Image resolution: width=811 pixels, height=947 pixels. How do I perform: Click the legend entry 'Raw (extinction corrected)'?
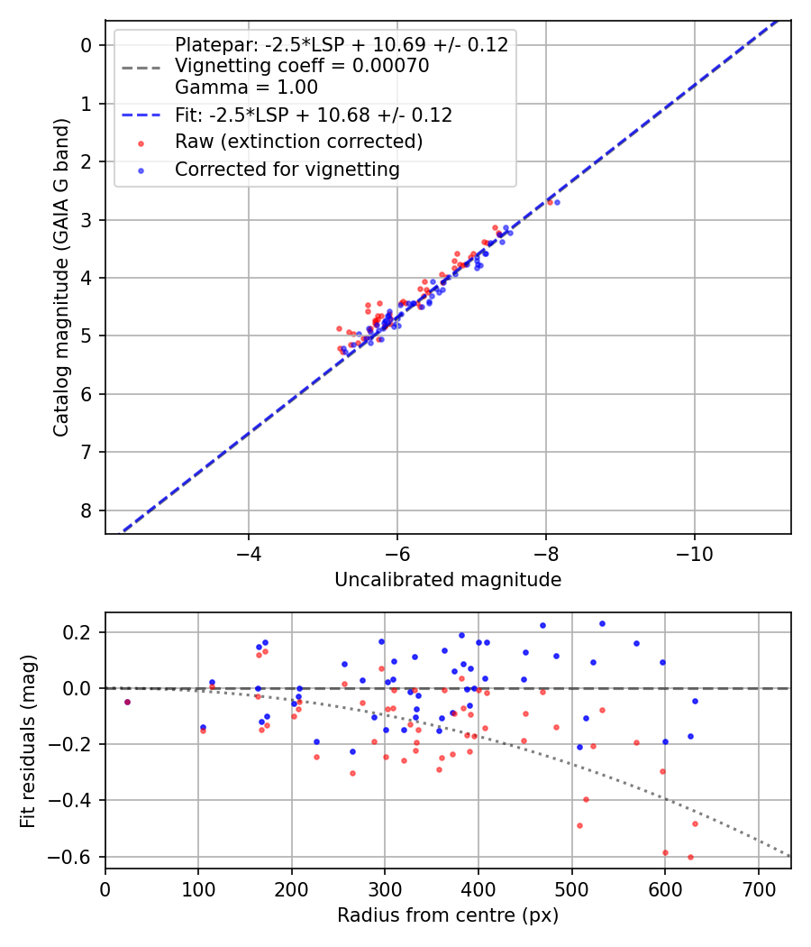(298, 143)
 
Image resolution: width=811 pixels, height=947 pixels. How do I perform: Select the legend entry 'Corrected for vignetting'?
(287, 170)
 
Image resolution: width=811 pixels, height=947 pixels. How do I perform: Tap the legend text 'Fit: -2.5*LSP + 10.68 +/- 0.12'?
(314, 115)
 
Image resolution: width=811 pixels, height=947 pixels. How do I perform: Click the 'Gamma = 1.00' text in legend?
(246, 87)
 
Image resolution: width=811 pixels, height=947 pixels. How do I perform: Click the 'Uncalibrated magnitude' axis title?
(448, 580)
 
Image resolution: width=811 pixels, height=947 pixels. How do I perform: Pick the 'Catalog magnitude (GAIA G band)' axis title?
(61, 277)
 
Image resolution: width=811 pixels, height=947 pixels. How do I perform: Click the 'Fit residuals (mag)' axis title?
(29, 740)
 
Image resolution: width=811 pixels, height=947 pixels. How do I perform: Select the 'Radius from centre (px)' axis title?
(448, 915)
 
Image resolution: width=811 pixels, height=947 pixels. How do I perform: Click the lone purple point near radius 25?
(127, 702)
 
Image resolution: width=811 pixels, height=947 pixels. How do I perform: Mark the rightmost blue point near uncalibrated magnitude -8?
(557, 202)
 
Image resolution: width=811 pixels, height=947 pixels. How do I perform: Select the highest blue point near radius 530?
(602, 623)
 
